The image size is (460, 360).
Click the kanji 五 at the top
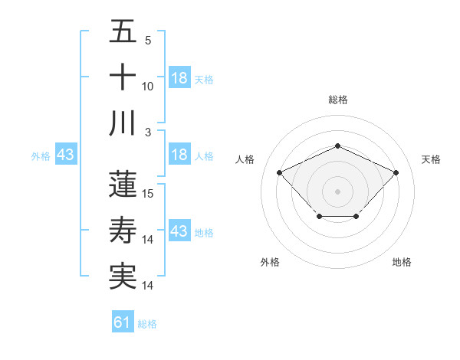pos(123,33)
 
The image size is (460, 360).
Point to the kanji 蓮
pos(123,184)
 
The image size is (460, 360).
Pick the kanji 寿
pos(123,231)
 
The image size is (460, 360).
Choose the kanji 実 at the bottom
pos(123,277)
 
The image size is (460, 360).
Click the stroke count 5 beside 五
pos(148,41)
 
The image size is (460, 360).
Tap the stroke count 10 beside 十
pos(148,86)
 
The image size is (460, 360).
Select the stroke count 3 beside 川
pos(148,132)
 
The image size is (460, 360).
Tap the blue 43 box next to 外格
pos(65,155)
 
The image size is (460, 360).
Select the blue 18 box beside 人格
pos(179,155)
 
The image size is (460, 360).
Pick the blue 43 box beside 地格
pos(179,231)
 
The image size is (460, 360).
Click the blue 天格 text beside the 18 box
pos(204,79)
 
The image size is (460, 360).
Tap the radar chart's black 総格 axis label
pos(337,100)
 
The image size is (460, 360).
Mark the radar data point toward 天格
pos(396,173)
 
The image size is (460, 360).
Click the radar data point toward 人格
pos(280,173)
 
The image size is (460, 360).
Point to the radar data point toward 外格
pos(319,218)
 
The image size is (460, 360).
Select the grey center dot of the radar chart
pos(337,191)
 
